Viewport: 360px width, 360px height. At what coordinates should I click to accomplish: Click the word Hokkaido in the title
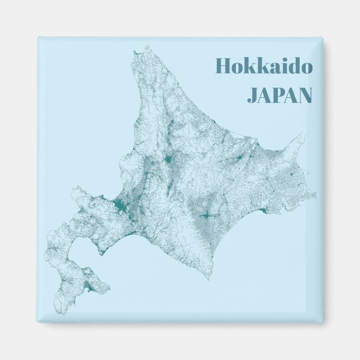[263, 67]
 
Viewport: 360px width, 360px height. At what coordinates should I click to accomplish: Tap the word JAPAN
[279, 96]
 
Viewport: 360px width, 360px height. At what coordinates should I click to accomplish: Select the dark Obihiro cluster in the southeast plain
[205, 215]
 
